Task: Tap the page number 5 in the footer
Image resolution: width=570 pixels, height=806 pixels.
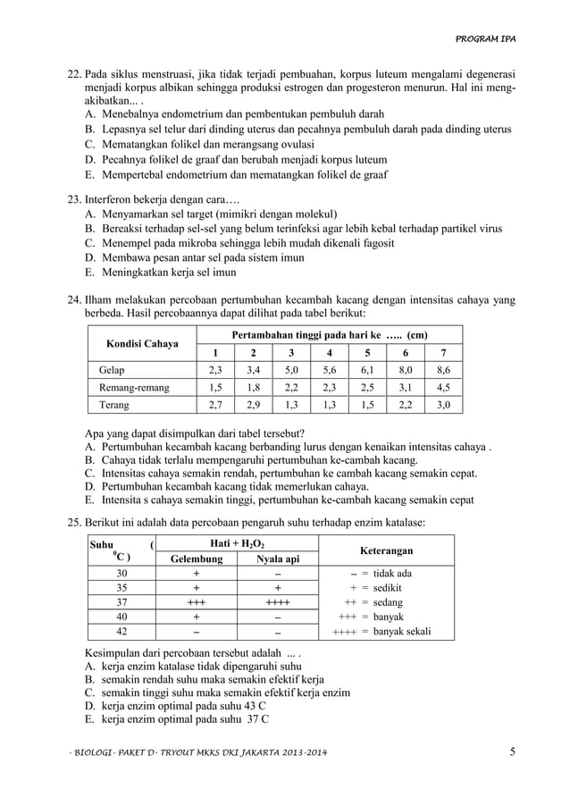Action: point(513,751)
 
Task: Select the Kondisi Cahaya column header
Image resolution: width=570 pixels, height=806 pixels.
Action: point(142,344)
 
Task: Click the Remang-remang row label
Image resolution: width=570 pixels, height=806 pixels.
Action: point(133,387)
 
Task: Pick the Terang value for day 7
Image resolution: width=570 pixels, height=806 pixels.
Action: point(444,405)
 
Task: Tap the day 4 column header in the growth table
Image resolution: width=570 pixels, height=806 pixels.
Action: point(330,352)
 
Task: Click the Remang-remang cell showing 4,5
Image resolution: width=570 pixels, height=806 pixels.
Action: point(444,387)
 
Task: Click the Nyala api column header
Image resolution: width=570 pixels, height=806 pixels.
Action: point(277,559)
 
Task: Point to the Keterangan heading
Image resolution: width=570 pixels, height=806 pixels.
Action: point(386,551)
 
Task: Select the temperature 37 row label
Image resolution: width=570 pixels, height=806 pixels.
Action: point(122,602)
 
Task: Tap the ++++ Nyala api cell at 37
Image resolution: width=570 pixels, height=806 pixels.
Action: point(277,602)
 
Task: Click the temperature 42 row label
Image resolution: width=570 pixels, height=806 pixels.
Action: point(122,631)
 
